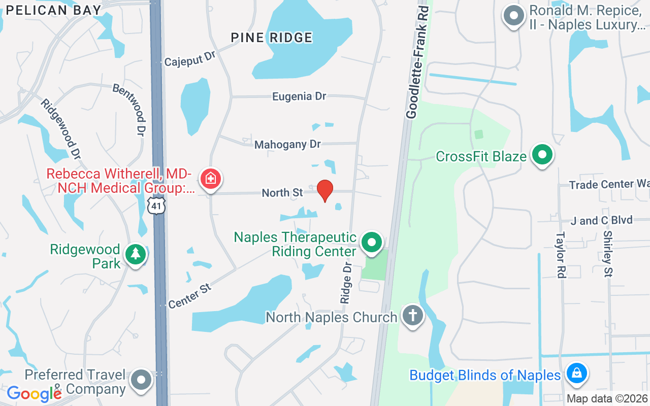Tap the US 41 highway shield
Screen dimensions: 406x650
click(x=156, y=206)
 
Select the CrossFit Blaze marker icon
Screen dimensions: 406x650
click(x=542, y=155)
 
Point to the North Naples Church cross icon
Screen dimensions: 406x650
click(x=412, y=316)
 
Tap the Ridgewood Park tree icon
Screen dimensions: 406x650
click(x=135, y=254)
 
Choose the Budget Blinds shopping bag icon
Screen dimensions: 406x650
click(x=576, y=374)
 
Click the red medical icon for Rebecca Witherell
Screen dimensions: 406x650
click(x=209, y=178)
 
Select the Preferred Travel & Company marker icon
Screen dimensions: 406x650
click(x=141, y=380)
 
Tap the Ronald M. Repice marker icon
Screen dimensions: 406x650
click(x=513, y=15)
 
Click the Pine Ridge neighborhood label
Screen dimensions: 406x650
click(x=272, y=38)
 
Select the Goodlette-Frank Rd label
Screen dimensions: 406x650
click(x=417, y=63)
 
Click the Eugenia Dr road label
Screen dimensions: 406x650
click(x=299, y=96)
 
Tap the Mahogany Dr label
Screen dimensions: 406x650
click(x=287, y=145)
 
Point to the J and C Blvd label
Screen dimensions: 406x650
click(x=601, y=220)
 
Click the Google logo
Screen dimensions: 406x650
click(x=34, y=393)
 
